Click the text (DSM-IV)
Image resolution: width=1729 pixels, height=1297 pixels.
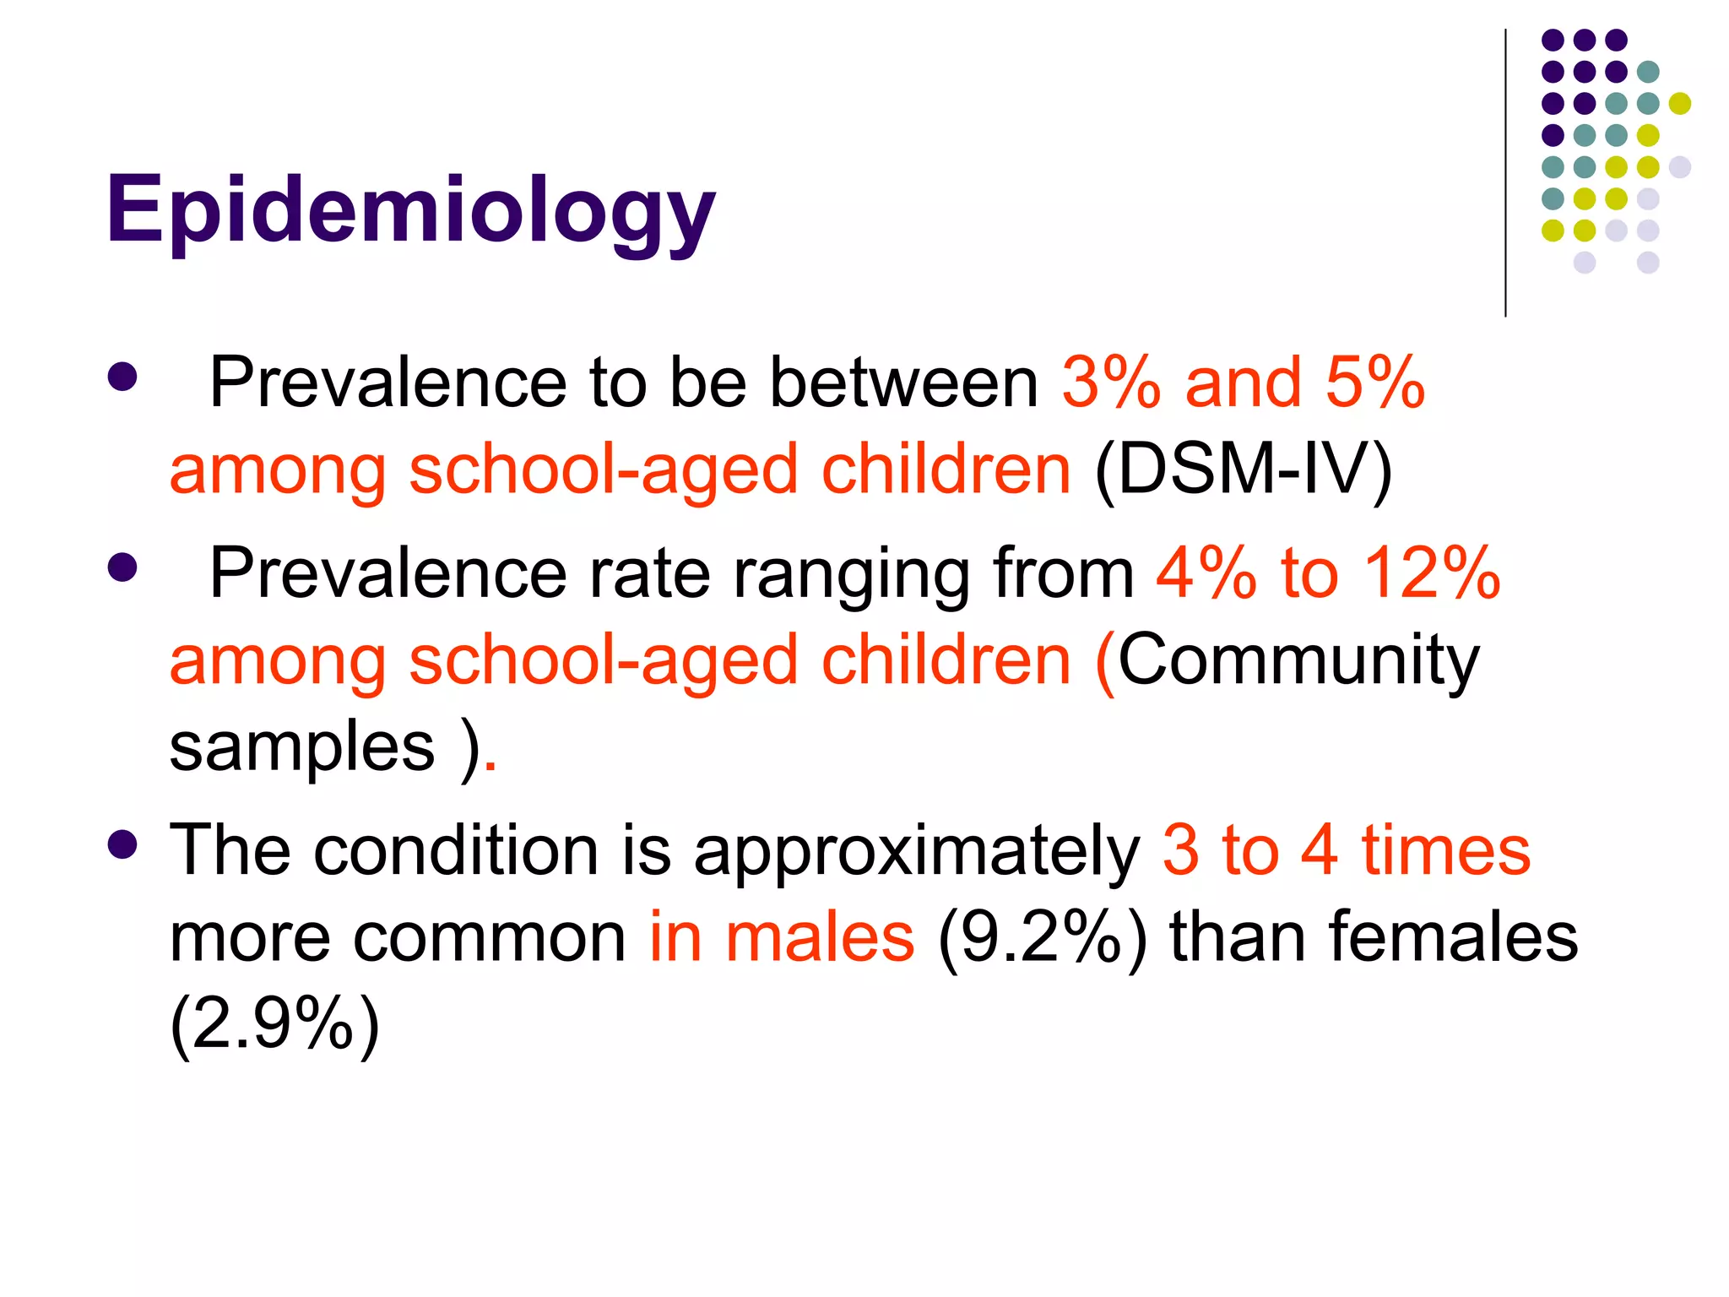(1243, 469)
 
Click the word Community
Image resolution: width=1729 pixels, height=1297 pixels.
(1298, 660)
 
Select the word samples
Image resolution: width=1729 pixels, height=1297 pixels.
(301, 746)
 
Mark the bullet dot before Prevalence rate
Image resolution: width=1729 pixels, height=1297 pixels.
(122, 567)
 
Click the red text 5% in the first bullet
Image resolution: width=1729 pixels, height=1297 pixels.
(1375, 383)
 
